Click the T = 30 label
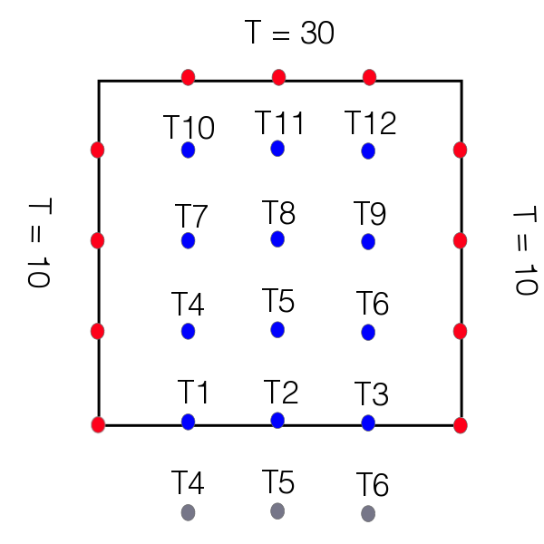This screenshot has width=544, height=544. pos(289,34)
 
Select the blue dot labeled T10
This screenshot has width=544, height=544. pos(188,150)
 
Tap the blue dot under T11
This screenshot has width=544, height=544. pos(277,148)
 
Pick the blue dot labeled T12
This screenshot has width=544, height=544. pos(368,151)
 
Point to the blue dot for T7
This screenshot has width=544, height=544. pos(188,240)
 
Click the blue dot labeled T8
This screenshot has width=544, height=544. pos(277,238)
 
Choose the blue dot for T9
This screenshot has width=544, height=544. pos(368,241)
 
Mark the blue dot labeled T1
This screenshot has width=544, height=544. pos(188,422)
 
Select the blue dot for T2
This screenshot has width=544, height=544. pos(277,420)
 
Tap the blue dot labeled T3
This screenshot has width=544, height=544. pos(368,423)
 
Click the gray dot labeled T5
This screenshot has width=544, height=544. pos(277,510)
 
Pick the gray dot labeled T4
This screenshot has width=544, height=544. pos(188,512)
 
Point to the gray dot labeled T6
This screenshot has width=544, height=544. pos(368,513)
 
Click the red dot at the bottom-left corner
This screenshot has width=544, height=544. pos(99,423)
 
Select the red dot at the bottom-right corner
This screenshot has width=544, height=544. pos(461,424)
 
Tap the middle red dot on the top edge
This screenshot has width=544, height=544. pos(279,77)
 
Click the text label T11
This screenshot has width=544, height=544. pos(280,121)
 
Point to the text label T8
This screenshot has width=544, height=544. pos(278,214)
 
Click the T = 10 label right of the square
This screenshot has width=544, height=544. pos(523,252)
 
